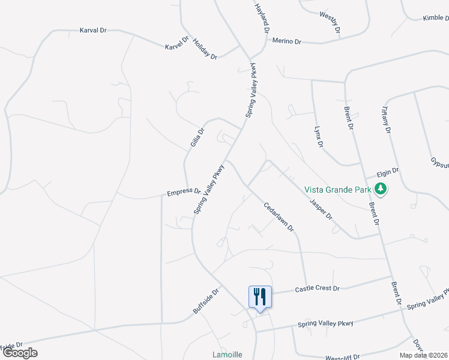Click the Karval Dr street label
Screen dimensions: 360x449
coord(92,29)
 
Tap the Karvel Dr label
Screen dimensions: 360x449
coord(176,43)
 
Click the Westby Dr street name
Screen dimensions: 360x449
coord(330,22)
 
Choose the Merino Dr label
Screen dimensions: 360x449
coord(286,41)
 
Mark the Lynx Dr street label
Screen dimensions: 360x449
coord(319,137)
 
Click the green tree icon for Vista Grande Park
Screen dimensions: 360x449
coord(380,190)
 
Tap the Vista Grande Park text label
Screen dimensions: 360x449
coord(338,190)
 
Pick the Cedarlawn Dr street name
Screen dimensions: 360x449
coord(279,217)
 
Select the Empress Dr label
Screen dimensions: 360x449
coord(184,192)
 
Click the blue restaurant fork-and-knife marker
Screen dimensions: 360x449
coord(260,296)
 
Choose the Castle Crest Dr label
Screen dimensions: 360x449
coord(318,289)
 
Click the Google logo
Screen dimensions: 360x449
coord(20,353)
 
